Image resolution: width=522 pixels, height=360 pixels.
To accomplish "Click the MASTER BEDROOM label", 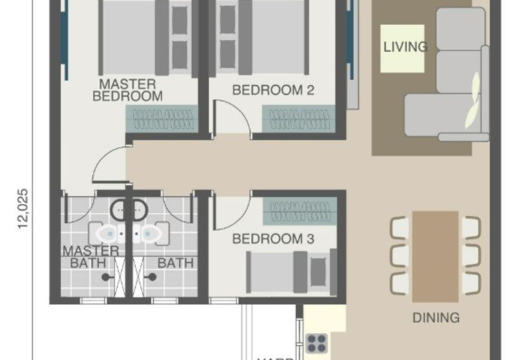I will pyautogui.click(x=127, y=90).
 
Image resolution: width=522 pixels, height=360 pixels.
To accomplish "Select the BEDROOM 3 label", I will pyautogui.click(x=273, y=239).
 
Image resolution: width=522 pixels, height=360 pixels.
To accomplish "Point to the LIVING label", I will pyautogui.click(x=405, y=47).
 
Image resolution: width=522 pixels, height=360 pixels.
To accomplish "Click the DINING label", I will pyautogui.click(x=436, y=318).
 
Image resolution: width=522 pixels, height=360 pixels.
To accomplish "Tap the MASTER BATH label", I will pyautogui.click(x=90, y=257).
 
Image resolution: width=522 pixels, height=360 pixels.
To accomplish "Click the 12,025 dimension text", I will pyautogui.click(x=23, y=209).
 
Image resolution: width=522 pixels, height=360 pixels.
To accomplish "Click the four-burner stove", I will pyautogui.click(x=317, y=343).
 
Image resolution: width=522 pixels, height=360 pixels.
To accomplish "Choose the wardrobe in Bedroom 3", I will pyautogui.click(x=299, y=210).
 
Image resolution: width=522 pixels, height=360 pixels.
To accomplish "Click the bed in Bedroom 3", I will pyautogui.click(x=287, y=271).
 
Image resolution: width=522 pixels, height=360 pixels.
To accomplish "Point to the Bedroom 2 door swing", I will pyautogui.click(x=234, y=117).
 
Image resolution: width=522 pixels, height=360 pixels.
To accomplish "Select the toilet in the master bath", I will pyautogui.click(x=108, y=233).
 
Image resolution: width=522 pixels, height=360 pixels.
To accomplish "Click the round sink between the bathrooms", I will pyautogui.click(x=129, y=210).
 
